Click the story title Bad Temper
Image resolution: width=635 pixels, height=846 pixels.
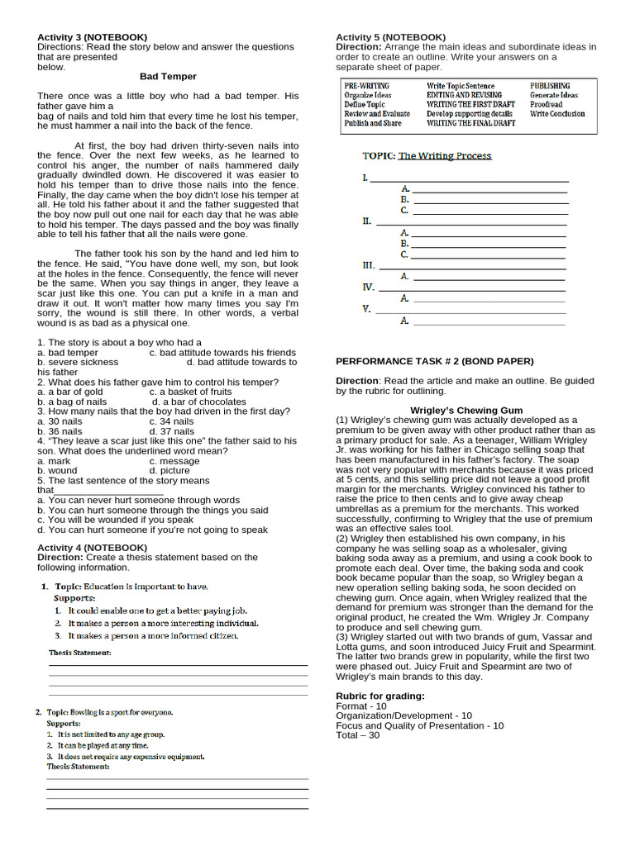(x=168, y=76)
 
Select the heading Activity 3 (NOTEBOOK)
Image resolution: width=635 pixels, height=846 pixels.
(x=92, y=37)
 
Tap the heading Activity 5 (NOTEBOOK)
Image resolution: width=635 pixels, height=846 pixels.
(x=390, y=37)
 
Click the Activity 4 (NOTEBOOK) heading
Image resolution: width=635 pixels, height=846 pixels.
(x=92, y=548)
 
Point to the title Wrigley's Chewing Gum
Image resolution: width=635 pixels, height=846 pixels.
(x=466, y=411)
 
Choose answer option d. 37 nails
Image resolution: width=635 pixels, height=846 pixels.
(x=172, y=431)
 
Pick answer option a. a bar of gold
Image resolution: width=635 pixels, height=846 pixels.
(x=70, y=392)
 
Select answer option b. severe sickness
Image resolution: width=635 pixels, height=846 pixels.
(x=78, y=362)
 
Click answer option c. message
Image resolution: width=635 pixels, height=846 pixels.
(x=174, y=461)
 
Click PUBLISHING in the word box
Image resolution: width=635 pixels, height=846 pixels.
(x=550, y=86)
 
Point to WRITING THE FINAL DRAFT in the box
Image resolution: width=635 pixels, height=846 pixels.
(x=470, y=123)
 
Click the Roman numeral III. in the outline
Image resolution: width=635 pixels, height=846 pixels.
(x=369, y=265)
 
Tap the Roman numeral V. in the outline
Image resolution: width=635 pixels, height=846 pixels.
(x=367, y=309)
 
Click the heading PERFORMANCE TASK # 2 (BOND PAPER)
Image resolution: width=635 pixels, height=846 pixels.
(x=434, y=361)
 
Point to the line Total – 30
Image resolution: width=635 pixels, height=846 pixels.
(x=358, y=735)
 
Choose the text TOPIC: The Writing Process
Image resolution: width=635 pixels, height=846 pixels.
(x=427, y=155)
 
